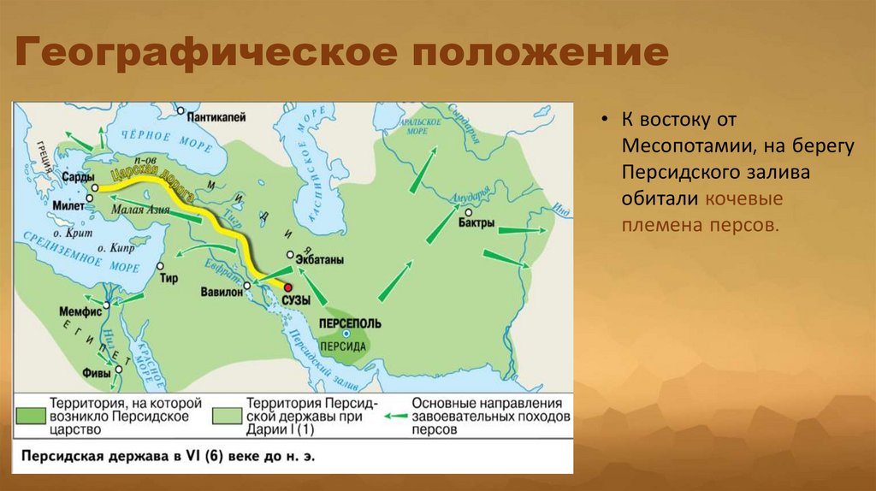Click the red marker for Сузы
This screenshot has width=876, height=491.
coord(289,288)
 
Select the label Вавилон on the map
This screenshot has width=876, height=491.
coord(223,291)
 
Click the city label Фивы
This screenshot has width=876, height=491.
coord(96,372)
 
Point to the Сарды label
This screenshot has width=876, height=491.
coord(71,176)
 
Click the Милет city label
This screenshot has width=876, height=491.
coord(68,205)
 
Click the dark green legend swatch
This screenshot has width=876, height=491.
coord(30,414)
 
